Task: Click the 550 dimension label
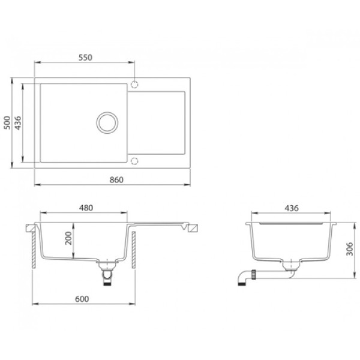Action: (x=85, y=58)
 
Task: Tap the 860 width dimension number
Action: (x=116, y=180)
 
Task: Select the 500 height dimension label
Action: (x=7, y=123)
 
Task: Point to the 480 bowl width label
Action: (x=86, y=208)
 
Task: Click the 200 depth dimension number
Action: (x=68, y=238)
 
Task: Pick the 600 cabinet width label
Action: (x=82, y=299)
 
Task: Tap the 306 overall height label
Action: (x=350, y=249)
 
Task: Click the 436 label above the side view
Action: (x=292, y=208)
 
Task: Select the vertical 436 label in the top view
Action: (x=18, y=123)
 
